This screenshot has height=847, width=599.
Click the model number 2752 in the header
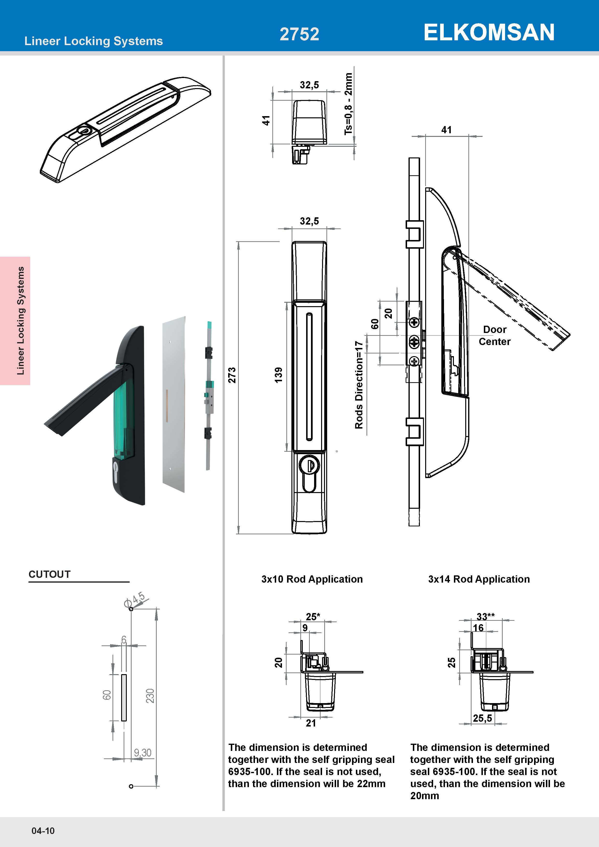point(299,34)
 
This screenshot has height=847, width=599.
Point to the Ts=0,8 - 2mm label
point(348,104)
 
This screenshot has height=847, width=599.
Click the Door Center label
point(495,335)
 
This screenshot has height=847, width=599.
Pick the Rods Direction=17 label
point(359,385)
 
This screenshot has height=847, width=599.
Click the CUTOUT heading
point(49,574)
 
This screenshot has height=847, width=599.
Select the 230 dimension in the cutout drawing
point(150,696)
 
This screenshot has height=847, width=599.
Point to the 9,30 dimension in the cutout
point(143,753)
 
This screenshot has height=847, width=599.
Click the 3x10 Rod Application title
point(312,579)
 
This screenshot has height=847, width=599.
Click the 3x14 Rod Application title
point(479,579)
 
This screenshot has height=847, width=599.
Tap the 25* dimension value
point(313,616)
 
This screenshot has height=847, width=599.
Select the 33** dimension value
point(485,616)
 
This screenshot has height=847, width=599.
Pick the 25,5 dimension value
point(482,718)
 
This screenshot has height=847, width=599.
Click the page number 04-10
point(43,831)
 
